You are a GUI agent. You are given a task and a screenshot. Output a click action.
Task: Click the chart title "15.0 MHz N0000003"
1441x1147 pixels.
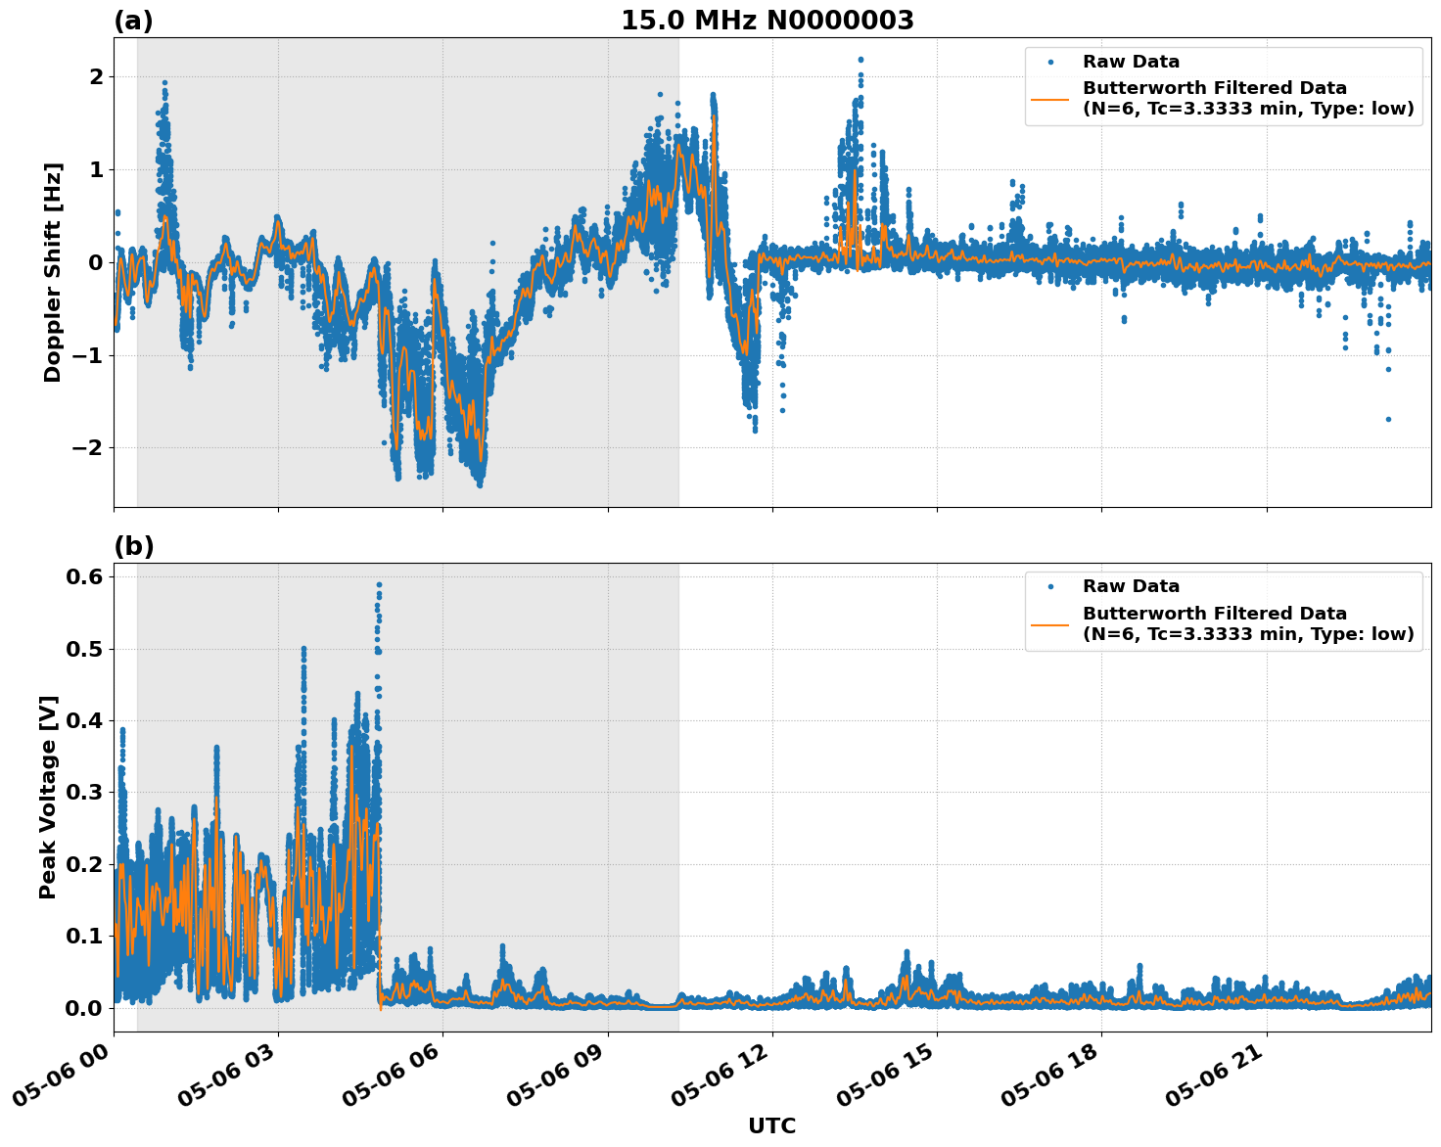[x=767, y=21]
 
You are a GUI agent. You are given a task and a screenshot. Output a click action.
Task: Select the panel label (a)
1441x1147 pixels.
[x=133, y=21]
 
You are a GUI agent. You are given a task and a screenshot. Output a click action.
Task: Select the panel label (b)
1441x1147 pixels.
[x=133, y=546]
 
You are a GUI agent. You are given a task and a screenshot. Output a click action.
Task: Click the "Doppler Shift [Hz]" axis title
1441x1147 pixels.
[x=53, y=272]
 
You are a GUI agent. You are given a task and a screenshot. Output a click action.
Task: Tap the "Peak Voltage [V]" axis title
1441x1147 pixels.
[x=49, y=797]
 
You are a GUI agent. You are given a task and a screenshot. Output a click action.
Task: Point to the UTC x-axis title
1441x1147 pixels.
[x=771, y=1125]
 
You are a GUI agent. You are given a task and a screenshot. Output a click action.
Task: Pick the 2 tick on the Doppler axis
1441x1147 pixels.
[x=96, y=77]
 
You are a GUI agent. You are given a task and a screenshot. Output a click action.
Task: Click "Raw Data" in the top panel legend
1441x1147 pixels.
[x=1131, y=63]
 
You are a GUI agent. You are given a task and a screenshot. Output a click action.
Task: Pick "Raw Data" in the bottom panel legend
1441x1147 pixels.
[x=1131, y=587]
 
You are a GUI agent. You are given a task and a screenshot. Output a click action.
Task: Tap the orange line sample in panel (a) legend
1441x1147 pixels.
[x=1050, y=99]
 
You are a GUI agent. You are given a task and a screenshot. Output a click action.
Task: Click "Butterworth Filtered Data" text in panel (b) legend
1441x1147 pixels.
[x=1214, y=614]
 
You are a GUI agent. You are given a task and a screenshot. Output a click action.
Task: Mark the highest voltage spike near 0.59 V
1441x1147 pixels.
[x=379, y=585]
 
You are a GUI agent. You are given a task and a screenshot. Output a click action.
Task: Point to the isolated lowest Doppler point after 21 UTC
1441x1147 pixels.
[x=1388, y=419]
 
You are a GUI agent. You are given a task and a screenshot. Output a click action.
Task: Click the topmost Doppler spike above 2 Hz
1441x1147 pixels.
[x=860, y=60]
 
